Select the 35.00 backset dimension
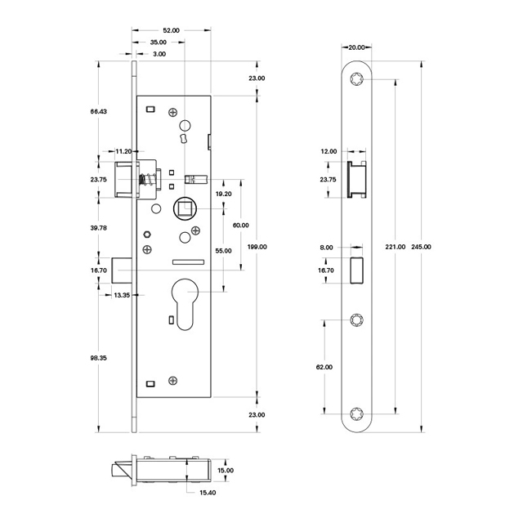pos(159,42)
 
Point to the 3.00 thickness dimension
pos(159,54)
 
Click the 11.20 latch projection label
pos(123,151)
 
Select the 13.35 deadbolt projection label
pos(123,294)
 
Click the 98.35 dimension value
pos(97,357)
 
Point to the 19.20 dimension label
pos(222,194)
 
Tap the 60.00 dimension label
pos(240,225)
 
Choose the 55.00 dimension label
pos(222,251)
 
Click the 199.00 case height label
pos(257,246)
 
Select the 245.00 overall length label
pos(422,246)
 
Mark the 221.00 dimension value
pos(396,246)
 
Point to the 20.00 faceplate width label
pos(356,47)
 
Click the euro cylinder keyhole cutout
pos(186,304)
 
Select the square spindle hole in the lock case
pos(184,208)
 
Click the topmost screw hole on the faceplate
pos(357,80)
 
